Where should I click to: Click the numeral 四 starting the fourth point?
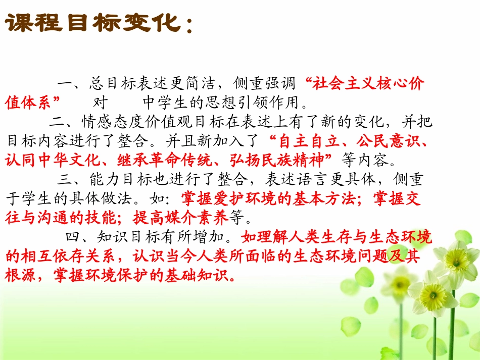72,237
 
